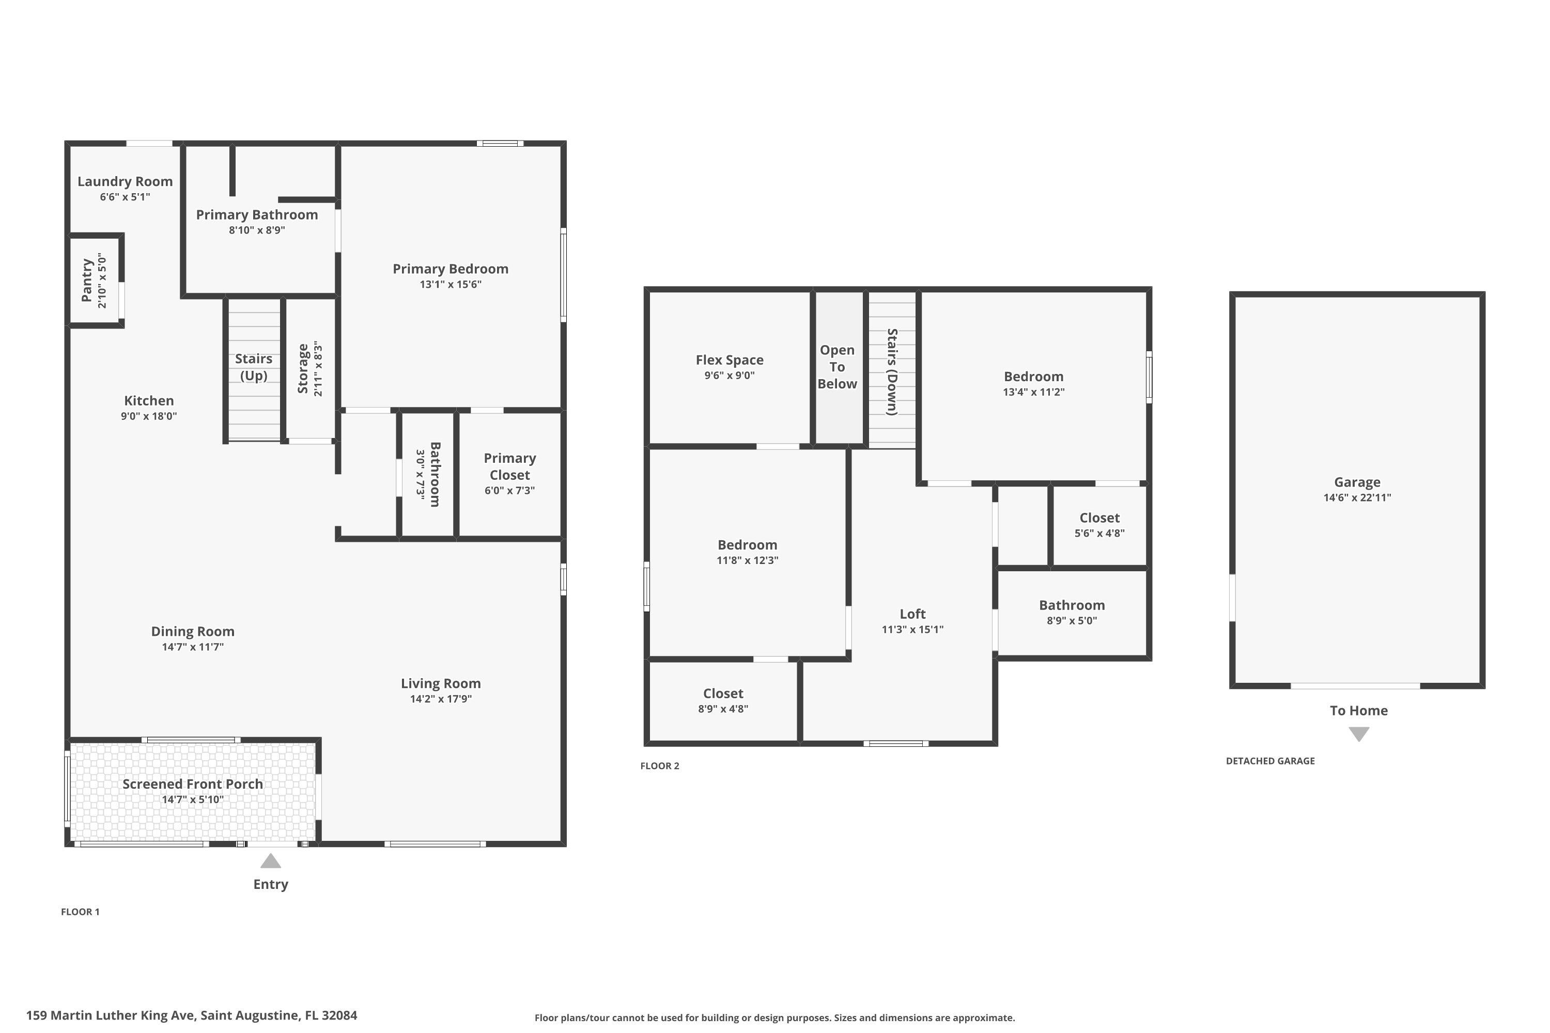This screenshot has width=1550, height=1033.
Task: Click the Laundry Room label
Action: tap(125, 181)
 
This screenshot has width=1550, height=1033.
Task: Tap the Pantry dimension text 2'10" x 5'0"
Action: tap(102, 280)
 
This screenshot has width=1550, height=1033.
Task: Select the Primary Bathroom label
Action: tap(257, 215)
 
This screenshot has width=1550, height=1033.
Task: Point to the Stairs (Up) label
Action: tap(254, 367)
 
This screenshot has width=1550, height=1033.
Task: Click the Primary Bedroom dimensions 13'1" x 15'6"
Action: tap(451, 285)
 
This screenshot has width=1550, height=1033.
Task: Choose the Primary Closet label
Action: tap(510, 466)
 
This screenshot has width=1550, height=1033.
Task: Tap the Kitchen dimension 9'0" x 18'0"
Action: tap(149, 416)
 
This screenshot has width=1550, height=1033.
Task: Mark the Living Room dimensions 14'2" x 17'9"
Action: tap(441, 699)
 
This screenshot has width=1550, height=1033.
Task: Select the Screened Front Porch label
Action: tap(192, 784)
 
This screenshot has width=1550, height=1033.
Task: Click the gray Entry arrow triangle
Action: tap(271, 861)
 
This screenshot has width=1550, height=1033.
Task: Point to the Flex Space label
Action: tap(730, 359)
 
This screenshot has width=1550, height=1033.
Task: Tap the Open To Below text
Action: tap(837, 367)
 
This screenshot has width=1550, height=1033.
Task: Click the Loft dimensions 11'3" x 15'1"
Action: tap(913, 629)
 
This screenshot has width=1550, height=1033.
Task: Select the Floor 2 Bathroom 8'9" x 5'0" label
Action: tap(1072, 612)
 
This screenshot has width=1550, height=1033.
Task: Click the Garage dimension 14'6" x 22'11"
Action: tap(1358, 497)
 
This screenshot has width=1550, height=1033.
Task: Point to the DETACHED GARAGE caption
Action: tap(1270, 761)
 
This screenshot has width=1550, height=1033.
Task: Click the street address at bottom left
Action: tap(192, 1015)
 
